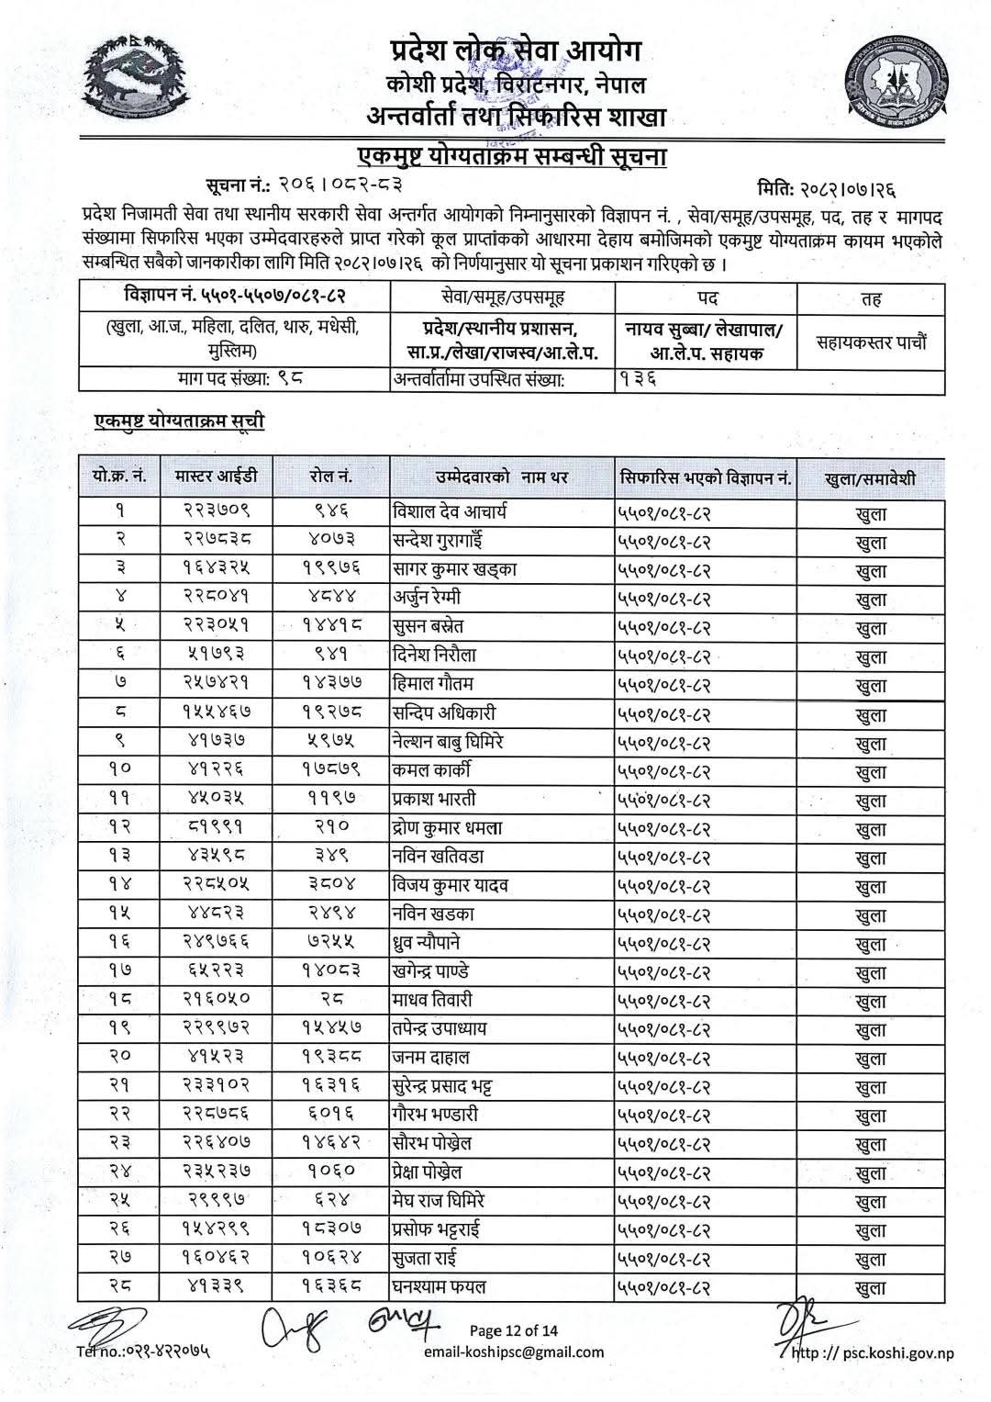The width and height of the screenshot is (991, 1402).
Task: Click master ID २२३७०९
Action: point(216,512)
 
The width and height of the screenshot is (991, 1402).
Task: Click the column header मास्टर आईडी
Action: point(216,477)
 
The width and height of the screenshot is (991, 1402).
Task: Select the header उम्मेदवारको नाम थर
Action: point(501,477)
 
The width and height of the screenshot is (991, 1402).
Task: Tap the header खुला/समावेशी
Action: point(870,478)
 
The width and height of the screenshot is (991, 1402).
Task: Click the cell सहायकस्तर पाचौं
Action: point(871,342)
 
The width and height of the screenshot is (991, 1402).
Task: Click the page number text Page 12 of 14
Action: point(513,1330)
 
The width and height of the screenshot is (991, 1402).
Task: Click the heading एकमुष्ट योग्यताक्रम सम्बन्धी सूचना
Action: point(511,156)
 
